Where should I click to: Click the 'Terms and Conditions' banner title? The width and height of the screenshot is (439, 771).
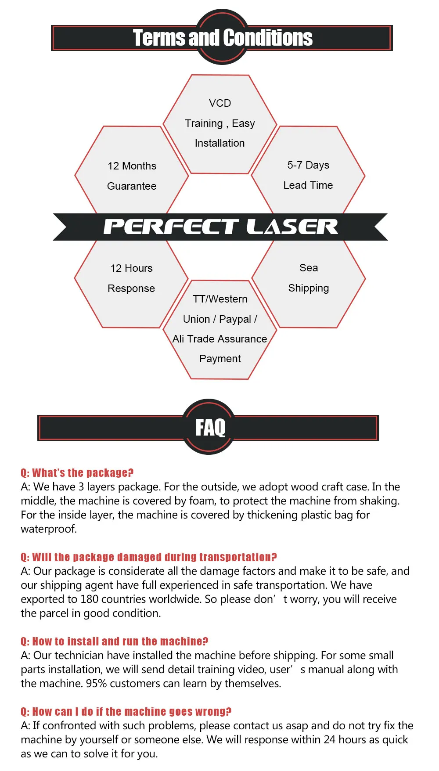(x=223, y=38)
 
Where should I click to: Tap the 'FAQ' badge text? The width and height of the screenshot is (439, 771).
(x=210, y=427)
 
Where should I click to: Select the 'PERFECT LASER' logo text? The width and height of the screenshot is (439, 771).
(x=220, y=227)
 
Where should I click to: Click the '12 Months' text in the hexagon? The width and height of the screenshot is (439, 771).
(x=132, y=166)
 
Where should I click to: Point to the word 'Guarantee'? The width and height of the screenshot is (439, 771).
(x=132, y=186)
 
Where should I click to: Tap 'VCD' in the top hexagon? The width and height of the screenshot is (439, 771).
(x=220, y=103)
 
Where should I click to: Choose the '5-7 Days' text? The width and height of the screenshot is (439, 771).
(x=308, y=165)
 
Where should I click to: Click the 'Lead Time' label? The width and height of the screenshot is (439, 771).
(x=308, y=185)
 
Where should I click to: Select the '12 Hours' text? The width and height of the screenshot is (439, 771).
(x=132, y=268)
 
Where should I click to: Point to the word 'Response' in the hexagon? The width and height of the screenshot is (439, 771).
(x=131, y=288)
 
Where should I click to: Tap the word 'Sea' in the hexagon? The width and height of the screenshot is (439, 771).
(x=309, y=268)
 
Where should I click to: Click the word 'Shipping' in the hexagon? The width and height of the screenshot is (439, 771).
(x=309, y=288)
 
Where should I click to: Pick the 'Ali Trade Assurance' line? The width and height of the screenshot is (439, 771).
(x=219, y=339)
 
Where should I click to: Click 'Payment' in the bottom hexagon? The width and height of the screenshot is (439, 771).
(x=220, y=359)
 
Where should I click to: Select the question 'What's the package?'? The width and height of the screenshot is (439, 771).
(x=77, y=473)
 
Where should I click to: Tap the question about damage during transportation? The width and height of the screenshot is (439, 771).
(x=149, y=557)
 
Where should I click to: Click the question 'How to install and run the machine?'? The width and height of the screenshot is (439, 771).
(x=115, y=641)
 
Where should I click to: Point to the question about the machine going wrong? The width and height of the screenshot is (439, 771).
(x=126, y=712)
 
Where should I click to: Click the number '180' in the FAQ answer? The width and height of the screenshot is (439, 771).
(x=90, y=599)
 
